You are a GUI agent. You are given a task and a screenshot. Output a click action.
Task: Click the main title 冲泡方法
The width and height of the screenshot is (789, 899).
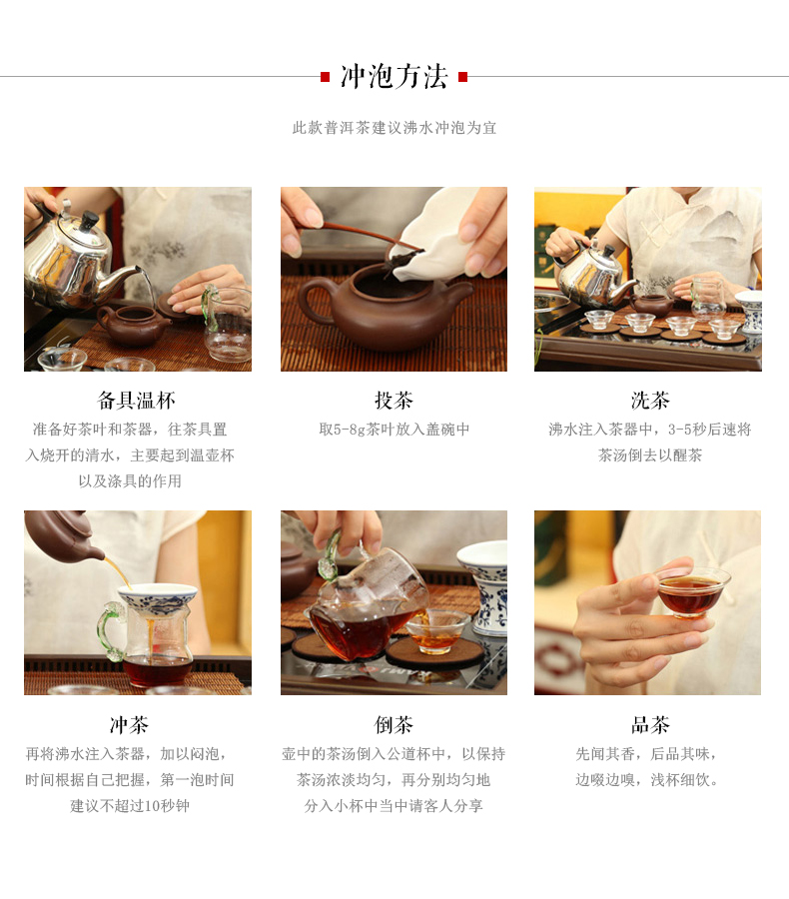tap(394, 76)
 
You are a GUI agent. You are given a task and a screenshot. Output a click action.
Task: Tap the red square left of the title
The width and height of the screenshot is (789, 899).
tap(326, 77)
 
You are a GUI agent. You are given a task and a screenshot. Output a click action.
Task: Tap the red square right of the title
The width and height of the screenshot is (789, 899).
tap(463, 77)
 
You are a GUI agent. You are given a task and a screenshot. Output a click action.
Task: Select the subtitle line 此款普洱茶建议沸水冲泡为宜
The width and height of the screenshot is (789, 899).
tap(394, 127)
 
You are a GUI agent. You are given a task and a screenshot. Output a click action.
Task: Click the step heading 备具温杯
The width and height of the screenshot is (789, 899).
tap(137, 401)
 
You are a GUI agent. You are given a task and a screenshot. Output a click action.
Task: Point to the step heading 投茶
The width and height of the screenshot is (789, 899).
tap(394, 401)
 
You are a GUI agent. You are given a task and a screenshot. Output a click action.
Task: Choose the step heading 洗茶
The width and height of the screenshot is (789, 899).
tap(650, 401)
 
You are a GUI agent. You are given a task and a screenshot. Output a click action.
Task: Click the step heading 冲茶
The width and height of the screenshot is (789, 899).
tap(130, 725)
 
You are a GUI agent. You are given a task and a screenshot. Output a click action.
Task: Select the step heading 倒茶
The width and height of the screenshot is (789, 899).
tap(394, 725)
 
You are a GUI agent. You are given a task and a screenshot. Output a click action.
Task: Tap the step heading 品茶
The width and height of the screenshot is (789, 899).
tap(650, 725)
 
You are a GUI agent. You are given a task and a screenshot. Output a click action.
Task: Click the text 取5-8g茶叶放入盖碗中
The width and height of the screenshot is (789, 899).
tap(394, 429)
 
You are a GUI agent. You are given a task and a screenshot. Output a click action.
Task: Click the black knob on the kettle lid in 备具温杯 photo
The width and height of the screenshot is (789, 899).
tap(89, 220)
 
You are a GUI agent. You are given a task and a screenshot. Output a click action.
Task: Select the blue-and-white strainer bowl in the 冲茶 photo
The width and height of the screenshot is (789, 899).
tap(158, 598)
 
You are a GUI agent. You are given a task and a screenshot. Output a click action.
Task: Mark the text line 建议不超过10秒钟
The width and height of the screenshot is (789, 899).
tap(130, 805)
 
